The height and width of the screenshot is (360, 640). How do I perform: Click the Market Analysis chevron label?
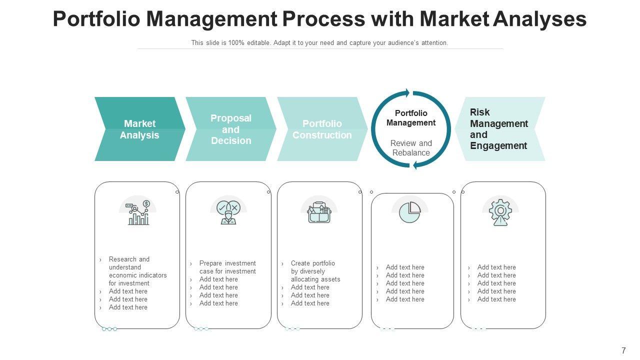coord(139,129)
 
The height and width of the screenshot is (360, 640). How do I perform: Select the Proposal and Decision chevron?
coord(230,129)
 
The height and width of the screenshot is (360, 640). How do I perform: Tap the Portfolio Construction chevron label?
coord(322,129)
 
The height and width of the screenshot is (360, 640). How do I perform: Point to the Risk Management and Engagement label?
coord(498,129)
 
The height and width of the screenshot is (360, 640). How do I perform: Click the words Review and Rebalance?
coord(411,148)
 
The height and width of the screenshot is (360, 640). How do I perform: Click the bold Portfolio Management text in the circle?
coord(411,118)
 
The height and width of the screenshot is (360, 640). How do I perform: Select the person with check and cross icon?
coord(228,212)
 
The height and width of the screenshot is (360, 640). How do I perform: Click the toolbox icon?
coord(319,212)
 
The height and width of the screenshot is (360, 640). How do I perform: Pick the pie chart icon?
coord(410,212)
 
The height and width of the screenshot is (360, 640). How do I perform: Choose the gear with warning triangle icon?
coord(500,212)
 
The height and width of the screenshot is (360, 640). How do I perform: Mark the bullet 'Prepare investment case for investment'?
coord(227,267)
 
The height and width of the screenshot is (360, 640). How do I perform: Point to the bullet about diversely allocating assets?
coord(315,271)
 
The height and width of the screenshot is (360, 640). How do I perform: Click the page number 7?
coord(623,351)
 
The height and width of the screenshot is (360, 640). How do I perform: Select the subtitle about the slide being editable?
coord(319,43)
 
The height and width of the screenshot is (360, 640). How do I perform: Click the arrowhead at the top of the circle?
coord(407,93)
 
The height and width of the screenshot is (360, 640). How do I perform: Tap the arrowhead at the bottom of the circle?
coord(414,165)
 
